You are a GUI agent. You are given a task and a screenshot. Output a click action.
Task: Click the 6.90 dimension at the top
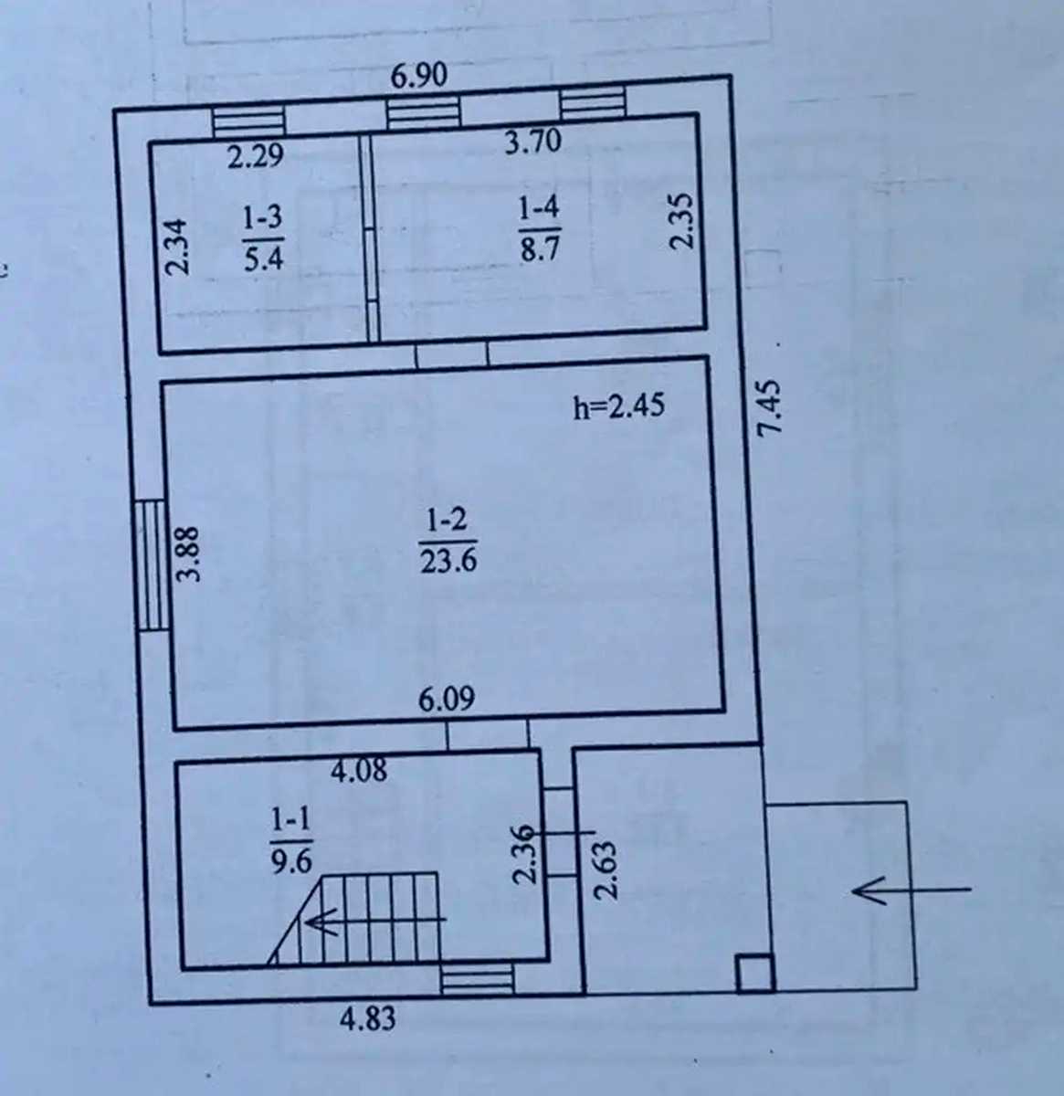419,76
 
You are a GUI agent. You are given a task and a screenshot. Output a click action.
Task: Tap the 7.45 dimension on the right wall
769,406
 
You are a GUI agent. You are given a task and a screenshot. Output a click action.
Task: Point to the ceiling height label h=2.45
619,406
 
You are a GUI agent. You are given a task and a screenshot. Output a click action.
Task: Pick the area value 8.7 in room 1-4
540,248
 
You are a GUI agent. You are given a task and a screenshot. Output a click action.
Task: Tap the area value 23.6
448,560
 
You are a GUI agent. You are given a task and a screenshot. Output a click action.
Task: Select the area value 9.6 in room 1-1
291,860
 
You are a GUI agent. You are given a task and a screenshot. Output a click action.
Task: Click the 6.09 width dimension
447,699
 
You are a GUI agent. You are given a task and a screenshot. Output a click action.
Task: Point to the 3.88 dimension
188,553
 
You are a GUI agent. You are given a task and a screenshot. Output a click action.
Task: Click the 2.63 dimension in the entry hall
606,870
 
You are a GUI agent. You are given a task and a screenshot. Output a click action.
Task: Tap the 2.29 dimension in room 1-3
255,156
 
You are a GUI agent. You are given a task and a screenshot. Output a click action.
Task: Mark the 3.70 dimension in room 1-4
532,142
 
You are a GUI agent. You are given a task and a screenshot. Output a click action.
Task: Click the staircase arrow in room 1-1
376,920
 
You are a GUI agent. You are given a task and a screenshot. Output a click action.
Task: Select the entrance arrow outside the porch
911,890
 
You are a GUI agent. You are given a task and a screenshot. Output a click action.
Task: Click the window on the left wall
153,564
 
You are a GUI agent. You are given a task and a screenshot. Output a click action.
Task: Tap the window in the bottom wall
478,979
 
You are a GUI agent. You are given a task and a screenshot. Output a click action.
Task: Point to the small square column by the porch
754,973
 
